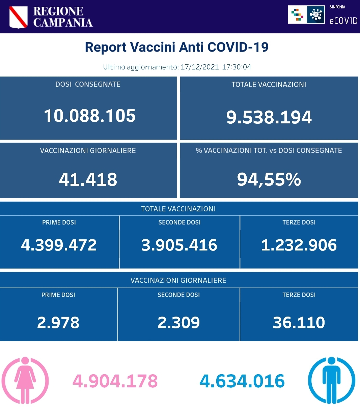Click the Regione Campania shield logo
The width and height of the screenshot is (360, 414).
pyautogui.click(x=18, y=17)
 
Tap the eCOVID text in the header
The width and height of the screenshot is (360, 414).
pyautogui.click(x=343, y=21)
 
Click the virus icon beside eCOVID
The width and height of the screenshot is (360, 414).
pyautogui.click(x=316, y=15)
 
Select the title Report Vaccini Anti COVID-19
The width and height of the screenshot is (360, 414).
pyautogui.click(x=176, y=47)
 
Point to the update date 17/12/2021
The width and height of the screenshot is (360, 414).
pyautogui.click(x=200, y=67)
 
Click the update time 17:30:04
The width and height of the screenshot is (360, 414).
pyautogui.click(x=237, y=67)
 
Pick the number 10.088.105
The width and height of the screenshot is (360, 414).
pyautogui.click(x=90, y=116)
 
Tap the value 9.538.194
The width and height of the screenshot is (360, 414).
pyautogui.click(x=269, y=117)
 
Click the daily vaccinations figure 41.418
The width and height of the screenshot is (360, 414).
pyautogui.click(x=88, y=179)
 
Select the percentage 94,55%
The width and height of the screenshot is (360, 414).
pyautogui.click(x=269, y=179)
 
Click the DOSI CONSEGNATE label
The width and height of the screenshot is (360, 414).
pyautogui.click(x=88, y=84)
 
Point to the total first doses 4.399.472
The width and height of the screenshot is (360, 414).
pyautogui.click(x=59, y=245)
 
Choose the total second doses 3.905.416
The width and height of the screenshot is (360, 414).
pyautogui.click(x=179, y=245)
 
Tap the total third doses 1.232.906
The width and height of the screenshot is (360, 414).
pyautogui.click(x=299, y=245)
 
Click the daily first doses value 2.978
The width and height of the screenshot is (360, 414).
pyautogui.click(x=58, y=322)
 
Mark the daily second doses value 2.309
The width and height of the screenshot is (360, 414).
pyautogui.click(x=178, y=322)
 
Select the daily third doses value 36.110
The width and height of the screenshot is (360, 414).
pyautogui.click(x=299, y=322)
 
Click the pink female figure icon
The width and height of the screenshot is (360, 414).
pyautogui.click(x=25, y=380)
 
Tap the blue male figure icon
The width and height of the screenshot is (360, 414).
pyautogui.click(x=331, y=380)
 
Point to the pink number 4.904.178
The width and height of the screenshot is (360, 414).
pyautogui.click(x=115, y=381)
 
